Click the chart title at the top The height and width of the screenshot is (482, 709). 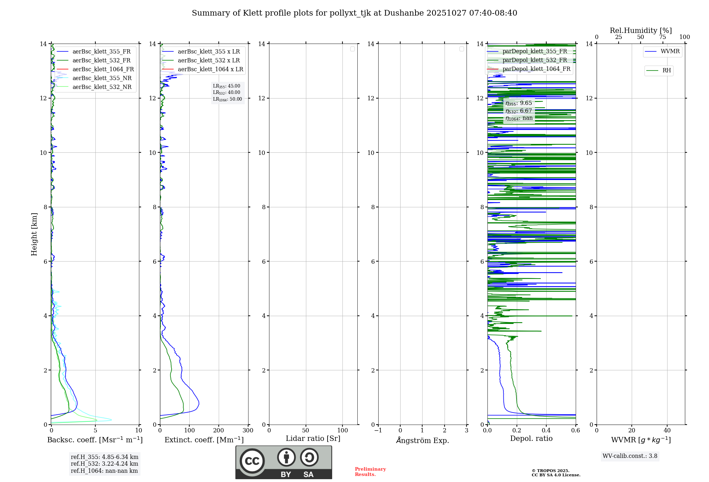354,13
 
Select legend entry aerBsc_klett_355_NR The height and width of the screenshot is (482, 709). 102,78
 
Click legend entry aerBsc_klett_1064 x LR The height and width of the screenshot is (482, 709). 210,69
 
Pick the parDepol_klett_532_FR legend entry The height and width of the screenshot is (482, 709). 535,60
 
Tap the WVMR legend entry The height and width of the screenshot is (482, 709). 670,51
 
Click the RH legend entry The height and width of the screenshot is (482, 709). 666,71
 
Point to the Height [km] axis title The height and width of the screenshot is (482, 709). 34,234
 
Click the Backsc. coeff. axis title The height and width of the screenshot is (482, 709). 95,440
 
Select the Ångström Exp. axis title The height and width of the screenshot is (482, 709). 423,440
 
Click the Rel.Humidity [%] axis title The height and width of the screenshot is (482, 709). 641,30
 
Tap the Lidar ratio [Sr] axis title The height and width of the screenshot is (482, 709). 313,438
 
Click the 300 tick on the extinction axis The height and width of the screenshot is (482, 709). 248,430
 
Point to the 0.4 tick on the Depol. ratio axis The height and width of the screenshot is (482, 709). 546,430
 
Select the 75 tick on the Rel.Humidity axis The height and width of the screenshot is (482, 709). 663,37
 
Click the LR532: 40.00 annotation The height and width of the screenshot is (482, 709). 227,93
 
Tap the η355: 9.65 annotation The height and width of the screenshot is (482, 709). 519,103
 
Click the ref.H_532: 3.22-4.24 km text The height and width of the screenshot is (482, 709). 105,464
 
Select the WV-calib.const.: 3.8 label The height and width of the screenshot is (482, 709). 630,456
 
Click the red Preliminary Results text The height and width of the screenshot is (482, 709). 370,471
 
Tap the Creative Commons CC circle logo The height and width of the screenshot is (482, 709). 252,461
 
